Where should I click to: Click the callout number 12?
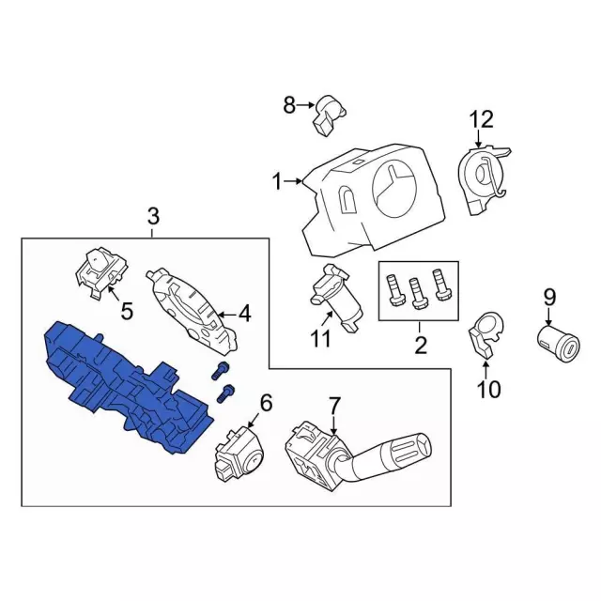(x=482, y=119)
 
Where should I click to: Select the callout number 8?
(x=289, y=104)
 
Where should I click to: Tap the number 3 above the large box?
(x=153, y=217)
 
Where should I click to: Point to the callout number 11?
(x=320, y=338)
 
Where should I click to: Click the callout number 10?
(x=489, y=389)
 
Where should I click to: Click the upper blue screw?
(x=220, y=371)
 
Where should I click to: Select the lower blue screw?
(x=225, y=393)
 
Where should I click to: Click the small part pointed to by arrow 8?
(x=330, y=115)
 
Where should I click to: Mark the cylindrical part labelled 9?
(x=558, y=344)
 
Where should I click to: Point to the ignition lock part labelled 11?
(x=335, y=299)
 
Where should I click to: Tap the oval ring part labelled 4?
(x=192, y=310)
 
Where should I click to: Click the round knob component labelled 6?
(x=239, y=454)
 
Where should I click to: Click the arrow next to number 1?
(x=294, y=181)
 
